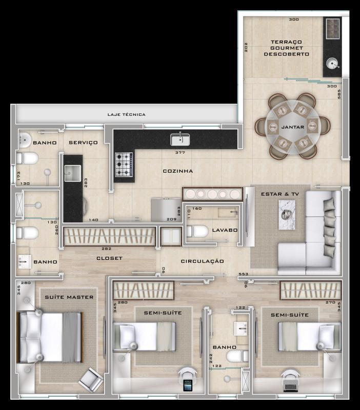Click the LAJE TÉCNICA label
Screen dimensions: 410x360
tap(126, 114)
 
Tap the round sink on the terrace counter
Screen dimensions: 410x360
tap(332, 64)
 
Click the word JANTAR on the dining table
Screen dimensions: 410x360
tap(293, 127)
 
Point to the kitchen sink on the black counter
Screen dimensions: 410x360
tap(180, 139)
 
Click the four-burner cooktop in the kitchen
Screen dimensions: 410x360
tap(124, 165)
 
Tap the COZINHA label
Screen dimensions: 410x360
tap(178, 171)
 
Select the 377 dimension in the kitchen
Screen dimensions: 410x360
tap(180, 152)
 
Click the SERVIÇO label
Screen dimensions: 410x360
tap(83, 142)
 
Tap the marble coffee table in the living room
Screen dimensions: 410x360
tap(287, 214)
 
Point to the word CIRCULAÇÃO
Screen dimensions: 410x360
tap(202, 261)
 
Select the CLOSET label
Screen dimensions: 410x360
tap(109, 258)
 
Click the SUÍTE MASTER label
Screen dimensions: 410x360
tap(69, 297)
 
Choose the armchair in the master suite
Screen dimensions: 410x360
tap(91, 380)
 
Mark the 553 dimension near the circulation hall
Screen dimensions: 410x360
tap(243, 274)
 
